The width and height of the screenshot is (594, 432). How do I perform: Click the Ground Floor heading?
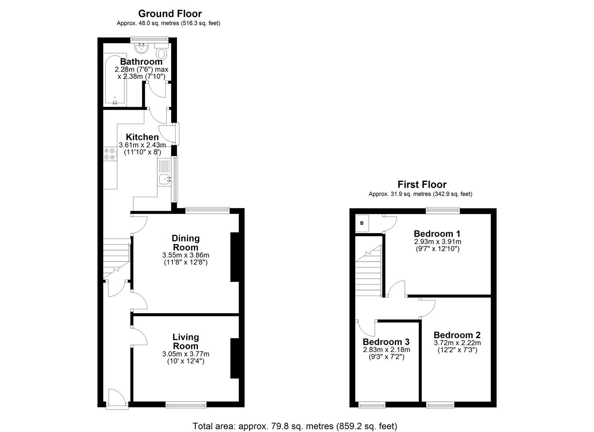tap(170, 14)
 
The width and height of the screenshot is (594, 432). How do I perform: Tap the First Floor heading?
tap(422, 184)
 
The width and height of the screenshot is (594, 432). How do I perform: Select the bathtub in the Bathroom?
tap(115, 80)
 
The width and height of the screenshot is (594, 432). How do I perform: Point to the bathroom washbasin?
tap(141, 49)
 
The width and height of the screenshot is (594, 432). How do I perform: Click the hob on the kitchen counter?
tap(110, 154)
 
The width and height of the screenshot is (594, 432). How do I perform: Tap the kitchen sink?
tap(165, 179)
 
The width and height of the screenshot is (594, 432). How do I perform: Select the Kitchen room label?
tap(142, 137)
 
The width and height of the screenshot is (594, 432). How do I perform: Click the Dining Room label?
tap(186, 243)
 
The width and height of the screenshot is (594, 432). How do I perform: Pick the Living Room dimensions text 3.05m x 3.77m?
tap(186, 354)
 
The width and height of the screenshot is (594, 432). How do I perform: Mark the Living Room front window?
tap(186, 405)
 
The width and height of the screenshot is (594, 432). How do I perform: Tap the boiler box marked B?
tap(362, 223)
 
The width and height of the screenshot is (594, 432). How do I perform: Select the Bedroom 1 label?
tap(437, 234)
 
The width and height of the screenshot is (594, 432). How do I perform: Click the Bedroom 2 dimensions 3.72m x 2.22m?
tap(457, 343)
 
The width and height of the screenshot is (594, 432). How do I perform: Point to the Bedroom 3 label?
tap(386, 342)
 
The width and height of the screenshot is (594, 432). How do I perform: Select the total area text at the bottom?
tap(295, 426)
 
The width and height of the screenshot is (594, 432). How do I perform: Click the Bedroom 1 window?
tap(442, 209)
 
